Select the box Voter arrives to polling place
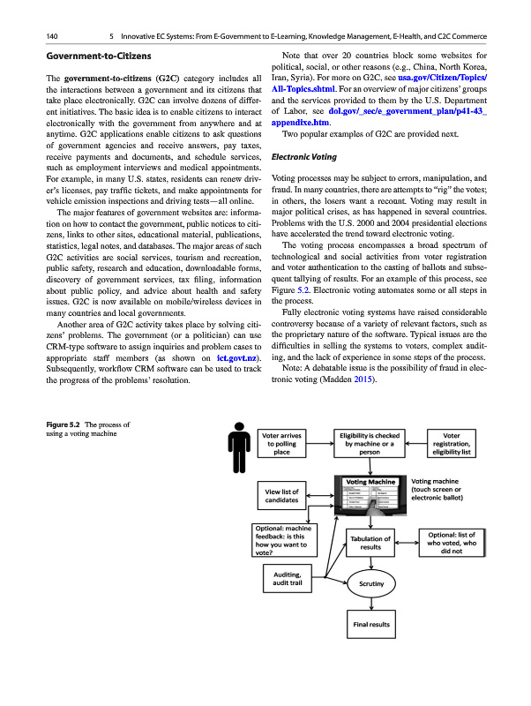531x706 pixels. tap(281, 443)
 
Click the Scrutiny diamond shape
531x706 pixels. tap(370, 583)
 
